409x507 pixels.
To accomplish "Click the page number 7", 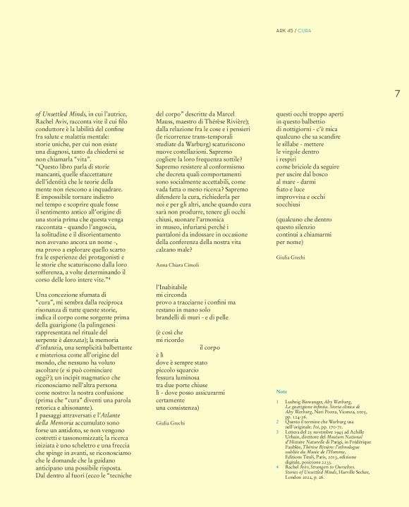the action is click(x=397, y=93).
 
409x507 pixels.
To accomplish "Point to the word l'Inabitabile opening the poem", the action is click(x=174, y=288).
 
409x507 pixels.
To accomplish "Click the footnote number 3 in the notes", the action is click(x=277, y=434).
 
